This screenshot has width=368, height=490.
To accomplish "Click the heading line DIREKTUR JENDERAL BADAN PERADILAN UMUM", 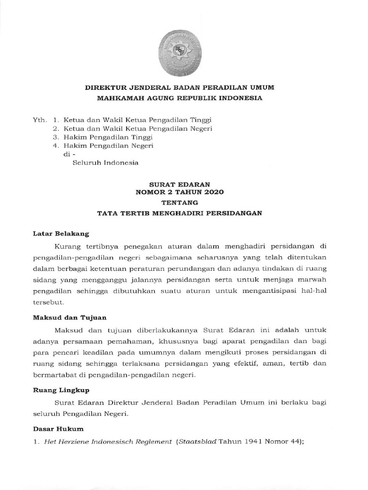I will [180, 88].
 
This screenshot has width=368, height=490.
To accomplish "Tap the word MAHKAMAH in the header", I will [118, 98].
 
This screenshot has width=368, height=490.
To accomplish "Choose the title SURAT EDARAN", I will [180, 184].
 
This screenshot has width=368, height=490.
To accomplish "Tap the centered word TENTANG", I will [180, 202].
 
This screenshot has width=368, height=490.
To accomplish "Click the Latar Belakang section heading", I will [61, 234].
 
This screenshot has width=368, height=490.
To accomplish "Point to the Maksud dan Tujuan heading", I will [69, 317].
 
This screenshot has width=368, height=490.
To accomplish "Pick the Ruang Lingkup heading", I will [60, 390].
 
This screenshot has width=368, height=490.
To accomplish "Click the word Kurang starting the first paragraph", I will [69, 246].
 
